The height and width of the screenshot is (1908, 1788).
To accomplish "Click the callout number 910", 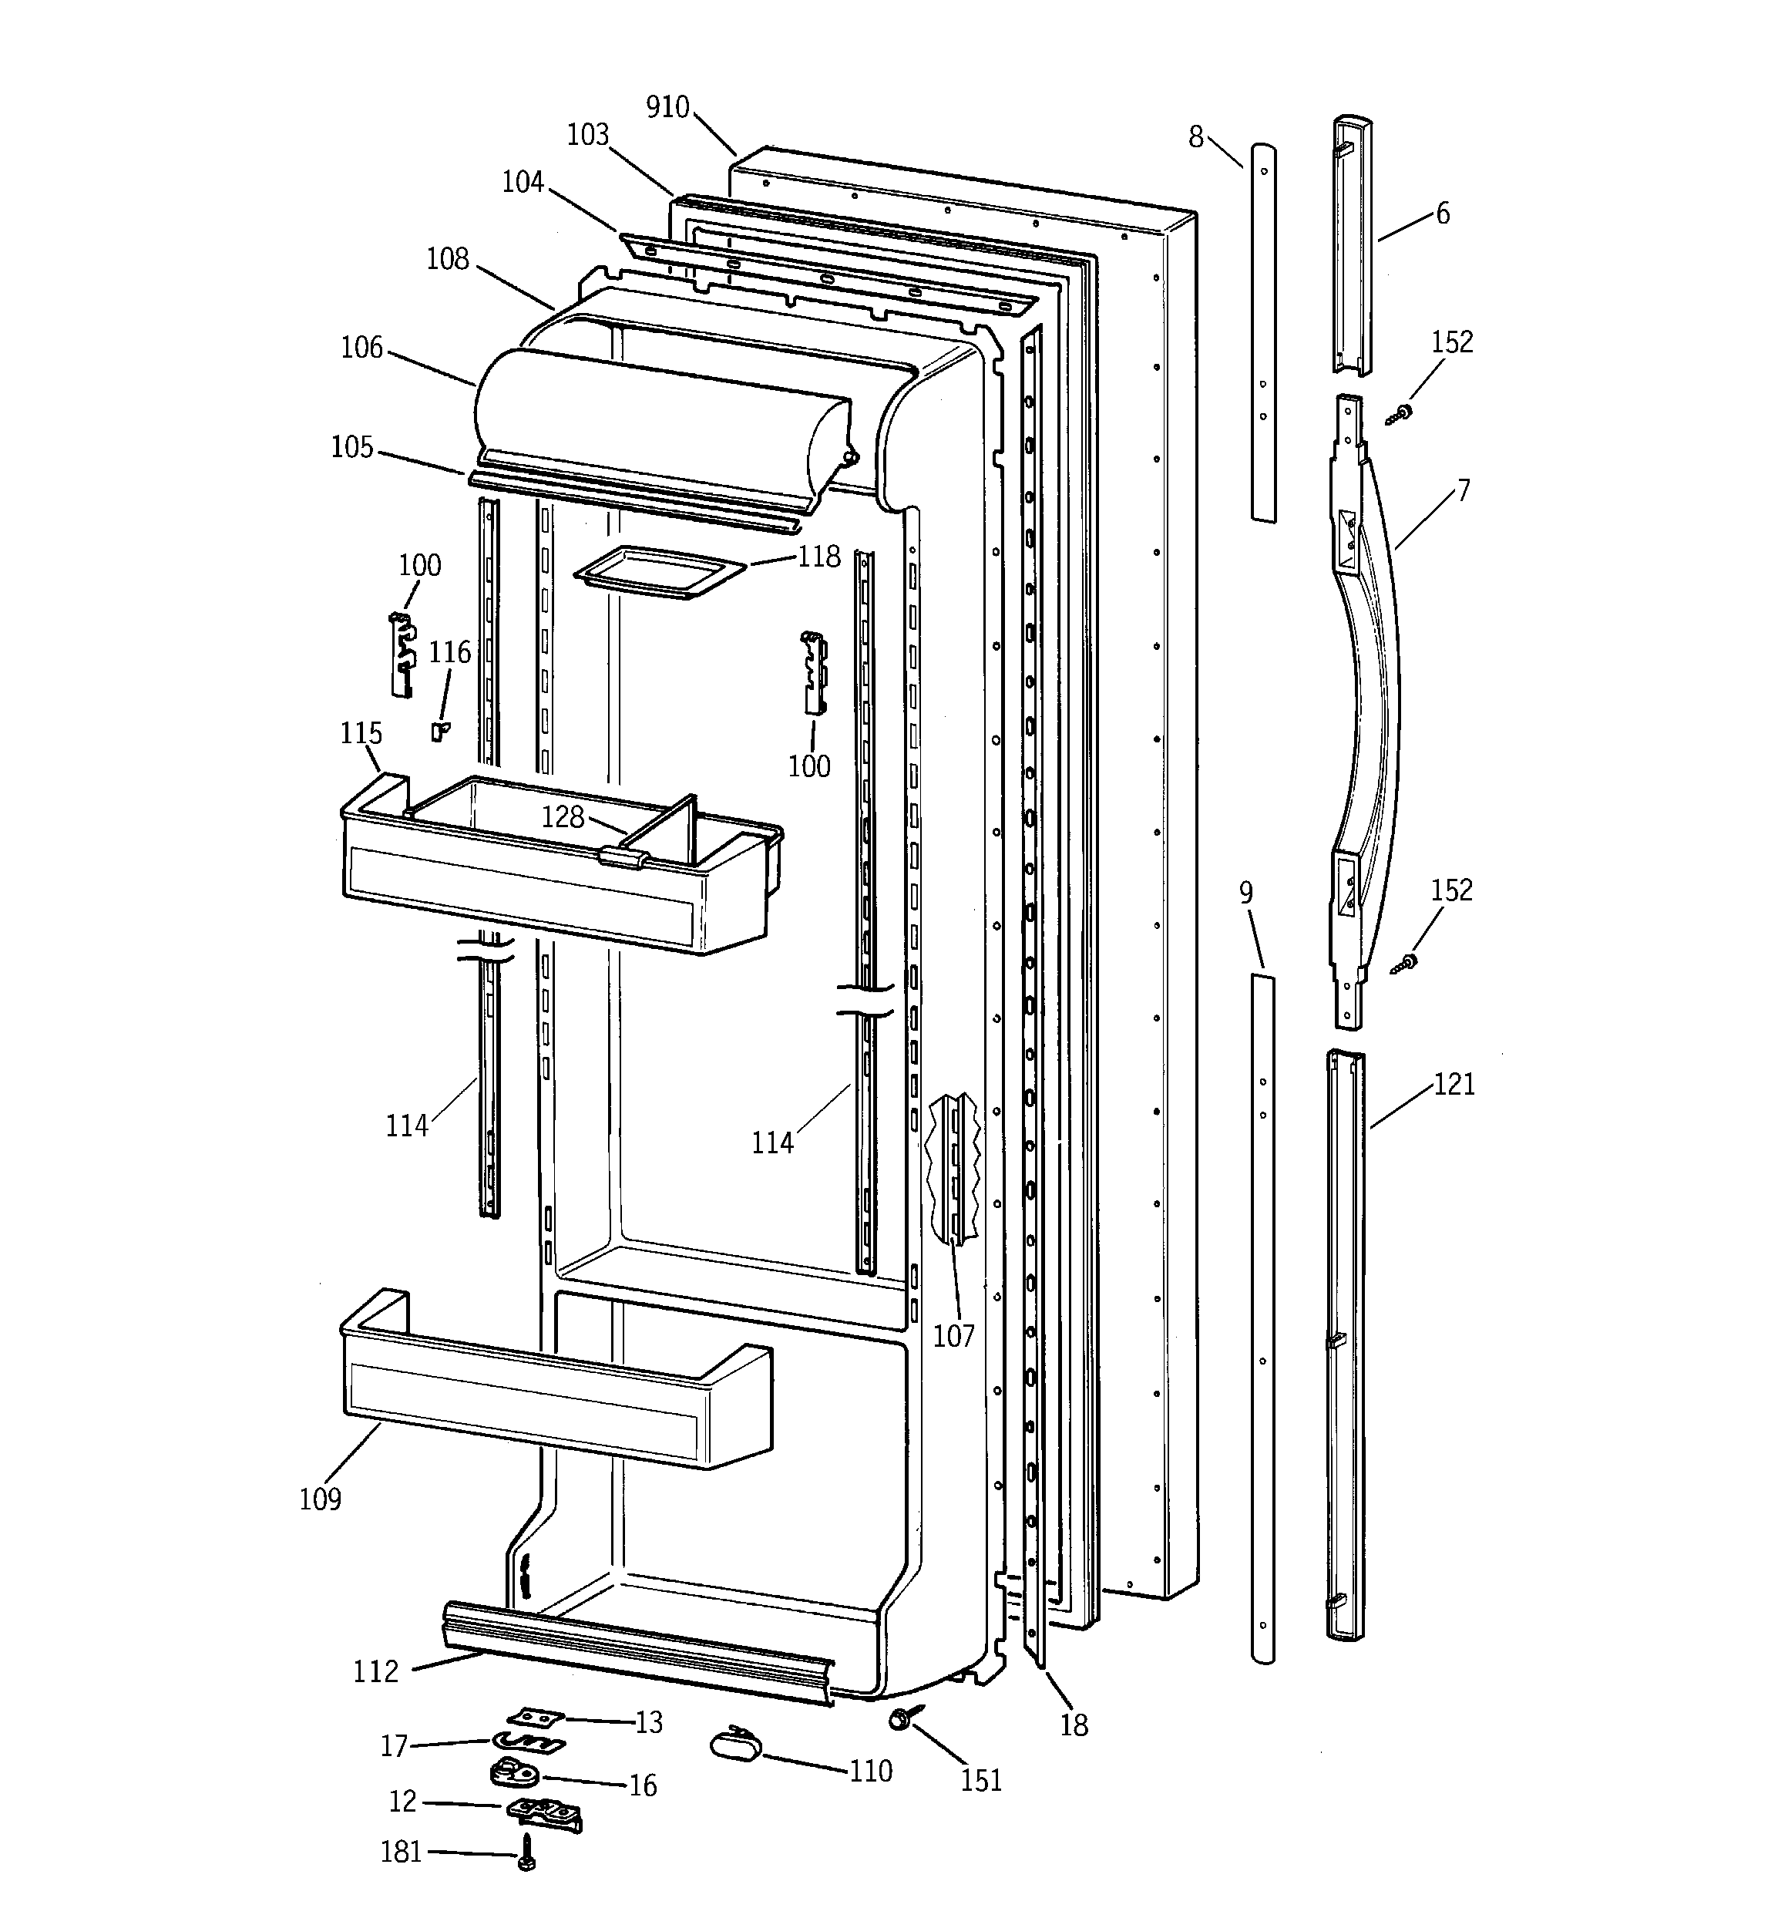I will click(667, 106).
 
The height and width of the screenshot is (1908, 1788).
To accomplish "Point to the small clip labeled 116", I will click(439, 732).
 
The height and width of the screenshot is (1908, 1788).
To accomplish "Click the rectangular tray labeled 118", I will click(658, 571).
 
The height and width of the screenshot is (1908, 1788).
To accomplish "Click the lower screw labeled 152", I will click(1406, 963).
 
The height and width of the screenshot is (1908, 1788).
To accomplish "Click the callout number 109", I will click(320, 1498).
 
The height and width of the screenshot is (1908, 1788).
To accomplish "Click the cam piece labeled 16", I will click(514, 1772).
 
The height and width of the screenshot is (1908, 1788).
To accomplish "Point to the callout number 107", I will click(953, 1335).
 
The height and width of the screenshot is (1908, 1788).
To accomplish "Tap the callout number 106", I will click(361, 348).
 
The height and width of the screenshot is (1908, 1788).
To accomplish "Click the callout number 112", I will click(375, 1671).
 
